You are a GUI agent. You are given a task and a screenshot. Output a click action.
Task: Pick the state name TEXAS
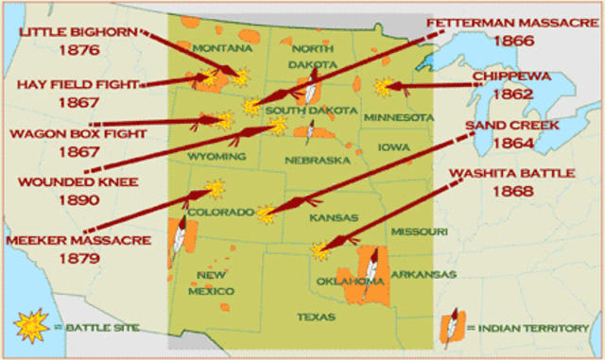click(316, 317)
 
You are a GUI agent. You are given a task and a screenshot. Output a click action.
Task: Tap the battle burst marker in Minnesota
click(382, 87)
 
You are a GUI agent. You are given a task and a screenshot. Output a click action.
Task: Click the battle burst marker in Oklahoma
click(320, 250)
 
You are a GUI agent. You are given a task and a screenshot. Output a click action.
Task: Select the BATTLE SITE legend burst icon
click(29, 325)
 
